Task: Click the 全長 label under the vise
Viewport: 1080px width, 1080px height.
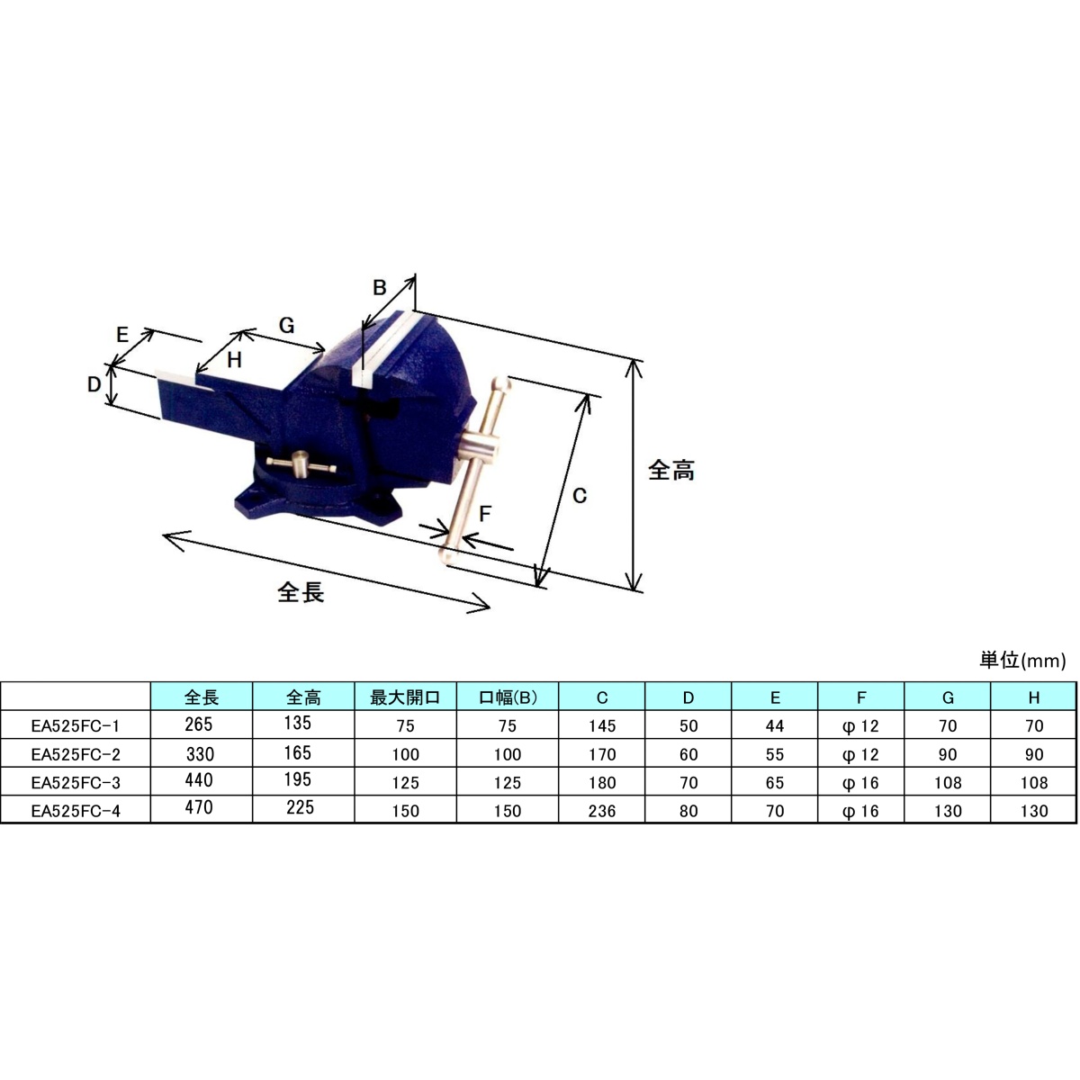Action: point(301,591)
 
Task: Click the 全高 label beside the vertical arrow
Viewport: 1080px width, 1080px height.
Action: point(671,470)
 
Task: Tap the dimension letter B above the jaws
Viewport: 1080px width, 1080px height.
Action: point(380,287)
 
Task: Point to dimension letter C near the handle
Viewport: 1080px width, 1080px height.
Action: point(580,495)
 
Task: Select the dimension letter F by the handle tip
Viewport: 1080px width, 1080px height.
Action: point(485,514)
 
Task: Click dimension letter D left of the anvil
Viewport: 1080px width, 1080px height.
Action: point(94,384)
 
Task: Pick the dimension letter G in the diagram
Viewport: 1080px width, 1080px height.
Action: point(286,326)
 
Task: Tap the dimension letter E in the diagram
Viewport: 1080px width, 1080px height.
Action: point(123,335)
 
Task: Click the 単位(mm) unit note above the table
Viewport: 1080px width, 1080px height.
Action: point(1021,661)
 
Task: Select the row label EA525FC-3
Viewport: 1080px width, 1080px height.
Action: point(76,782)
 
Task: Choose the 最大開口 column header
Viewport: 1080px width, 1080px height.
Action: point(405,697)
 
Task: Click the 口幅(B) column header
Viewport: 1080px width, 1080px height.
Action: point(507,697)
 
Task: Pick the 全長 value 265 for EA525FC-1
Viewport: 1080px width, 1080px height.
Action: point(199,724)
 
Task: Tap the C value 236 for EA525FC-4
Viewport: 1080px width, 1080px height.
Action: point(602,811)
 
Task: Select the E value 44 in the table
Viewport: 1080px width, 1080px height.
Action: point(775,725)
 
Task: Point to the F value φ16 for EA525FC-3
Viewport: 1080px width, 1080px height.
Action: point(860,783)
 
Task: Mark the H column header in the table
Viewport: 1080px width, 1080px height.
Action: point(1033,697)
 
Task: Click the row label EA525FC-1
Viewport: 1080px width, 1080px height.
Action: point(76,725)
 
